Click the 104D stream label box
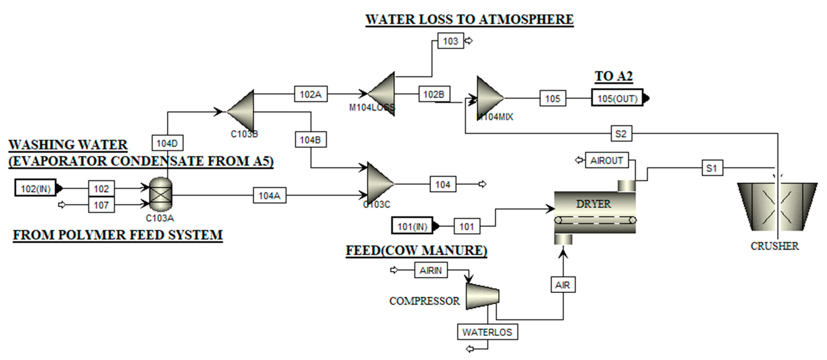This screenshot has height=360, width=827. click(x=167, y=143)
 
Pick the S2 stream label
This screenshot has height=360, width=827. click(x=621, y=134)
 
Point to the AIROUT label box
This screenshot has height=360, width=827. click(x=606, y=160)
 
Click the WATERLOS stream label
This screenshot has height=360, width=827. click(x=487, y=332)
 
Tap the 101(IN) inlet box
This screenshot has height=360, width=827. click(x=412, y=226)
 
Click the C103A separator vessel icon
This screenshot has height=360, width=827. click(x=161, y=195)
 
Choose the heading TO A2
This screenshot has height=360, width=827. click(x=614, y=76)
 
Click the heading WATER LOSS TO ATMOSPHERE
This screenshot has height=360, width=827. click(x=469, y=19)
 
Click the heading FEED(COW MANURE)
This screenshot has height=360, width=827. click(x=416, y=250)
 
